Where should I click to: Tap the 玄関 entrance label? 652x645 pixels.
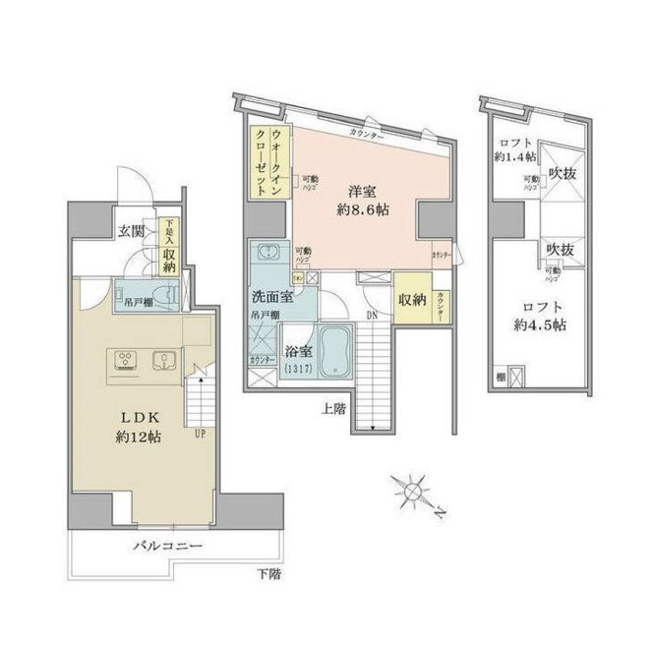131,232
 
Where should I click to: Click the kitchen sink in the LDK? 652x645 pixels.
162,359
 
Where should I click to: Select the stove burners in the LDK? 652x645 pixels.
125,360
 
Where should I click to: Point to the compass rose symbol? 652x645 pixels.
413,489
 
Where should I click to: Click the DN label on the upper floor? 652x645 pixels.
370,316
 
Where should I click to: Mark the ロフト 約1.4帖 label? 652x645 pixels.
515,148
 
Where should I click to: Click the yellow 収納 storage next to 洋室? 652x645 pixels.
411,300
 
